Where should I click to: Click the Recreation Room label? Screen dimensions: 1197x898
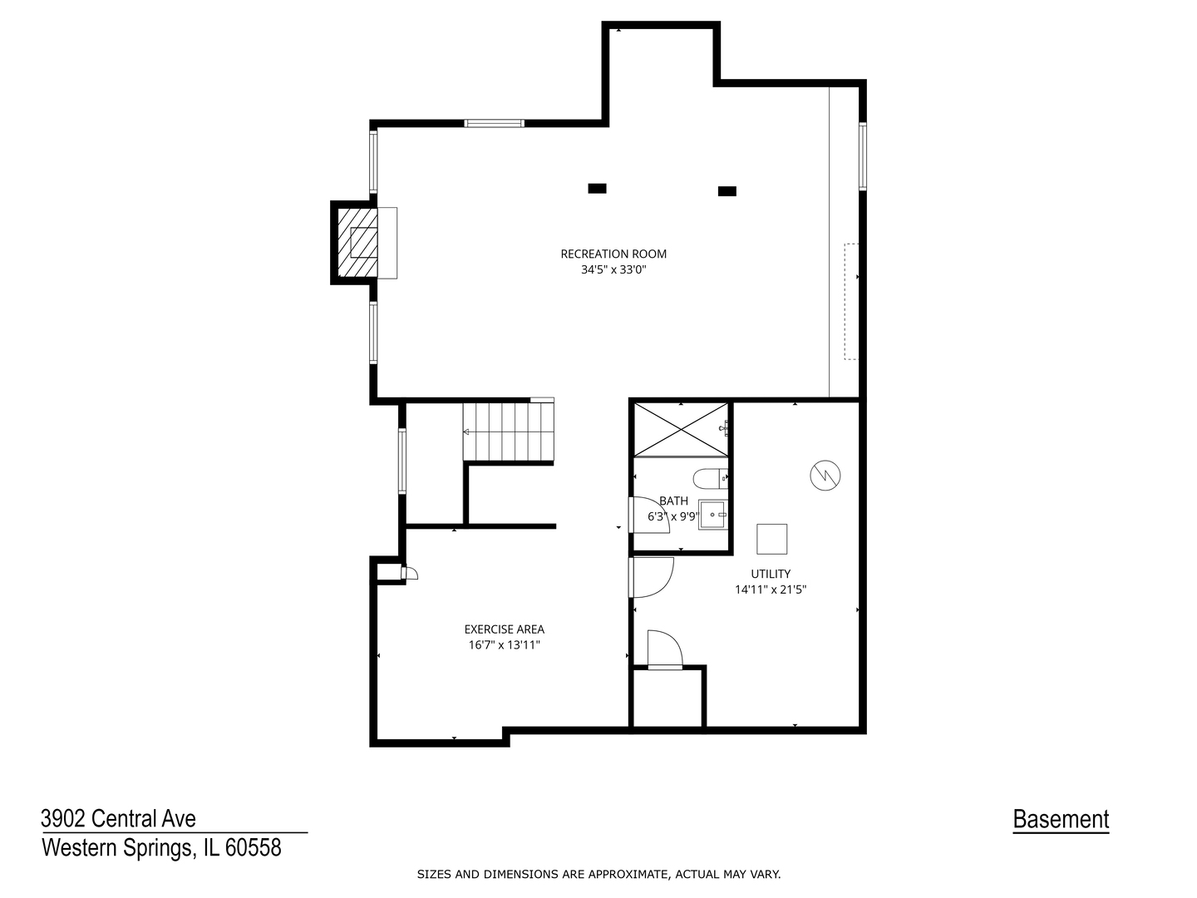[x=613, y=254]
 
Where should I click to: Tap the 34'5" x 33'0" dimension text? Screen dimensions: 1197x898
[x=613, y=269]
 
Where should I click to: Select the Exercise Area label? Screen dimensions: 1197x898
[x=505, y=629]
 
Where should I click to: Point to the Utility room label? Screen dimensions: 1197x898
[x=771, y=574]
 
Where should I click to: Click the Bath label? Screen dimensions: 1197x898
[x=674, y=501]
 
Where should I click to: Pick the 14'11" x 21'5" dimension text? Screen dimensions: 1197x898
[x=771, y=590]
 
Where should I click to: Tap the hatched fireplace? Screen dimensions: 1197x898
[x=357, y=243]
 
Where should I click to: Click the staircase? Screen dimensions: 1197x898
[x=508, y=432]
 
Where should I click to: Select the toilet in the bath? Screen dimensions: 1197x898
[x=710, y=479]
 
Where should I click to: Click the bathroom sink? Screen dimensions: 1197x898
[x=712, y=515]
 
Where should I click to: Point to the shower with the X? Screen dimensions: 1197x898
[x=681, y=430]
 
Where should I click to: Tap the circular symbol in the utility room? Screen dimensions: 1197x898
[x=825, y=476]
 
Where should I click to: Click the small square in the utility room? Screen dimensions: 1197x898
[x=771, y=539]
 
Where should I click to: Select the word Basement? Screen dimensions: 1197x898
[x=1061, y=819]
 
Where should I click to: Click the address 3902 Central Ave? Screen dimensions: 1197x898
[x=118, y=818]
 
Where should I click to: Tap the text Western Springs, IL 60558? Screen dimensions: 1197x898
[x=161, y=847]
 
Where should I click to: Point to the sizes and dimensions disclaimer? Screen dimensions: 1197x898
[x=598, y=875]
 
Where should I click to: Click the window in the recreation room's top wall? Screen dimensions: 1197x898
[x=494, y=123]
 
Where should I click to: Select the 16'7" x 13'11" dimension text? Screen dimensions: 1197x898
[x=505, y=645]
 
